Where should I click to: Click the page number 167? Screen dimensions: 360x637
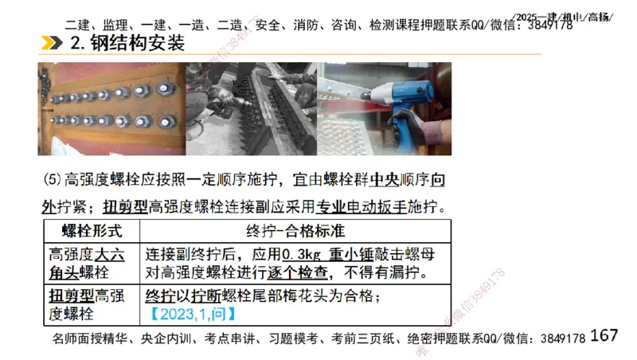coord(604,335)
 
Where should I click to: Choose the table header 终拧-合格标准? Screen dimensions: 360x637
coord(294,231)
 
